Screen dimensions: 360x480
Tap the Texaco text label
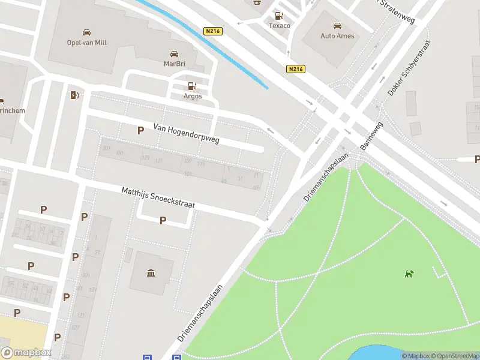(x=279, y=26)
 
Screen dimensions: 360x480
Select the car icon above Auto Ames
(x=337, y=26)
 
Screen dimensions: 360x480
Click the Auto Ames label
(x=337, y=36)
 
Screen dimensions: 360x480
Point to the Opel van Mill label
(x=87, y=42)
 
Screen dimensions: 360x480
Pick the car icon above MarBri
(x=174, y=53)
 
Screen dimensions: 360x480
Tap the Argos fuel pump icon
(x=191, y=86)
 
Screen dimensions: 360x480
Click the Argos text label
(x=192, y=96)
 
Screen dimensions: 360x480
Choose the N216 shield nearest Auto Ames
(x=295, y=69)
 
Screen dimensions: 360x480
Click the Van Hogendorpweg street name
(x=186, y=134)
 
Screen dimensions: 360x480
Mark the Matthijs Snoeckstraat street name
(x=158, y=197)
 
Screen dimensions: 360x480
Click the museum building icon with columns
(x=149, y=274)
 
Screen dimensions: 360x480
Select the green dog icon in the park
(x=409, y=274)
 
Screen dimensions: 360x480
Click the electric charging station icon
(x=74, y=95)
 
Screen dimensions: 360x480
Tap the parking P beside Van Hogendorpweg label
(x=140, y=130)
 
